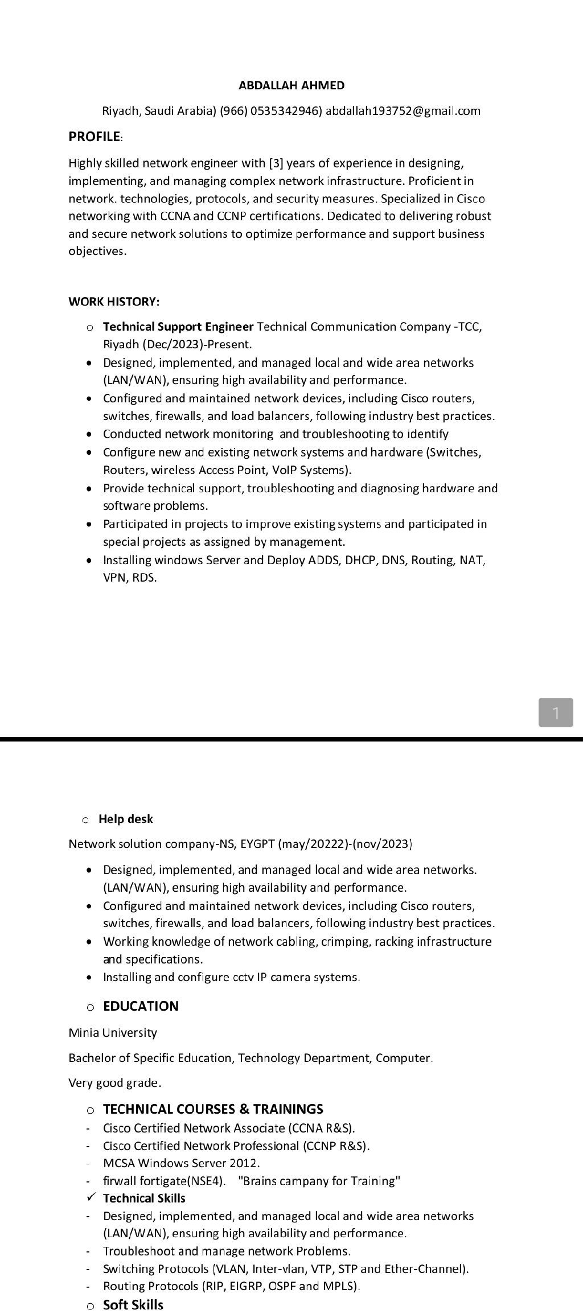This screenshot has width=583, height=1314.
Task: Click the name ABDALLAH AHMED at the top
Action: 291,85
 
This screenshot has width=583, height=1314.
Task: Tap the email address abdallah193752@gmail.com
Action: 403,111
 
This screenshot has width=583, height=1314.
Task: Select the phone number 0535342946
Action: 285,111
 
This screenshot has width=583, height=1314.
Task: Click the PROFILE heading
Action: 95,137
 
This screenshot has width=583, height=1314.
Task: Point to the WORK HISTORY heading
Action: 114,301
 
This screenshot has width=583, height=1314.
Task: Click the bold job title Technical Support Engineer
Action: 178,327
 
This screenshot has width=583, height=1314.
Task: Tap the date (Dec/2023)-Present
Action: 188,344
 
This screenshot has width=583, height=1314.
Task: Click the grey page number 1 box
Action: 555,712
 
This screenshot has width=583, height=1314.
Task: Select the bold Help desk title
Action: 126,819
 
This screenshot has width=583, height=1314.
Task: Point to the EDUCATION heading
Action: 141,1006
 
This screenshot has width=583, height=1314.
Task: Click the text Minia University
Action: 113,1032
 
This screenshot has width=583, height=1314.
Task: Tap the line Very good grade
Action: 115,1082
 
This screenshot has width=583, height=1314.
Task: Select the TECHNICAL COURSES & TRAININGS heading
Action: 213,1109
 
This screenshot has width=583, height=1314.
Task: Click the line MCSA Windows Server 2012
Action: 181,1163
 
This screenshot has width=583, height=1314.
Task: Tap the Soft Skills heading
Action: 133,1304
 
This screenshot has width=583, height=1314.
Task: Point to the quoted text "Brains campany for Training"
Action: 319,1181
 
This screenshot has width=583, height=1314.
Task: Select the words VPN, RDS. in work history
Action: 130,578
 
